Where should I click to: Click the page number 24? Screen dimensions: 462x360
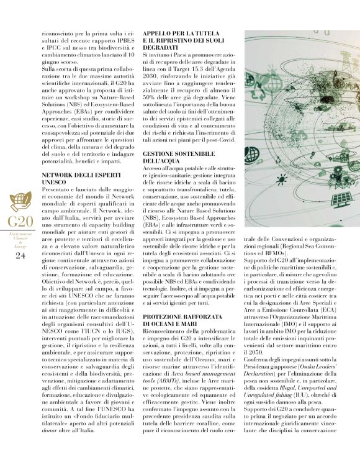click(x=20, y=255)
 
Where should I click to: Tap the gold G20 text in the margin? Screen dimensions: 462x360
click(x=20, y=221)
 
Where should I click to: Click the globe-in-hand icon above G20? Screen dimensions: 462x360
click(x=20, y=202)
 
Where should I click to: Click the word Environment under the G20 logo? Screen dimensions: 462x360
click(x=20, y=234)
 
